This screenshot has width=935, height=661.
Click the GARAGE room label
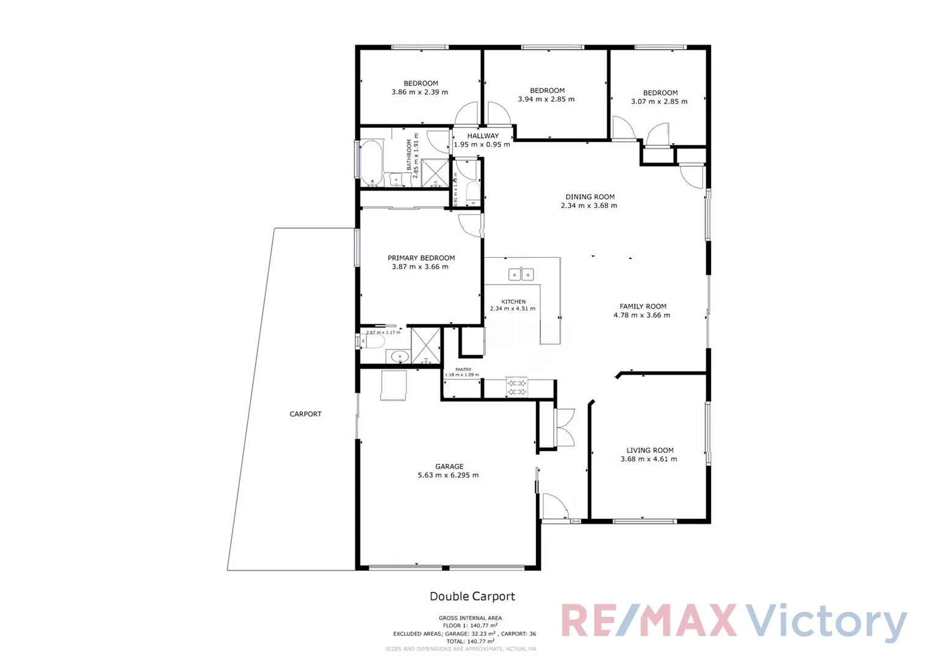(449, 466)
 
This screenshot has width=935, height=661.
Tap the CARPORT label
(305, 414)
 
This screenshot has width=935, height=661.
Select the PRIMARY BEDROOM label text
(421, 258)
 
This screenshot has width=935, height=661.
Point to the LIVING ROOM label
(649, 450)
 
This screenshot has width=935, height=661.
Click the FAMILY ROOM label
(643, 307)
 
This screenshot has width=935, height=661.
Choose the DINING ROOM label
(590, 197)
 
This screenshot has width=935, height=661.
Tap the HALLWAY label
(483, 136)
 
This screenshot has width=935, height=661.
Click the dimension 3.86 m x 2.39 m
(420, 92)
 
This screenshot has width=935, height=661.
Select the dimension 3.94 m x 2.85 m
(546, 99)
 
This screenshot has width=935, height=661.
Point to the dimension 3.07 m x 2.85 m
(659, 102)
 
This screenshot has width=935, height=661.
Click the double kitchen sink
(521, 275)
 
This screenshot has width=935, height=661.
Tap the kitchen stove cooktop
(517, 387)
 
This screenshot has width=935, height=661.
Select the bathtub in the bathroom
(371, 163)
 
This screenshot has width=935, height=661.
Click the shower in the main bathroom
(435, 172)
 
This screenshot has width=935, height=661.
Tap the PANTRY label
(463, 370)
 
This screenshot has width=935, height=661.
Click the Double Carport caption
(472, 596)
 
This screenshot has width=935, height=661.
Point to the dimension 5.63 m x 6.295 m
(448, 475)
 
